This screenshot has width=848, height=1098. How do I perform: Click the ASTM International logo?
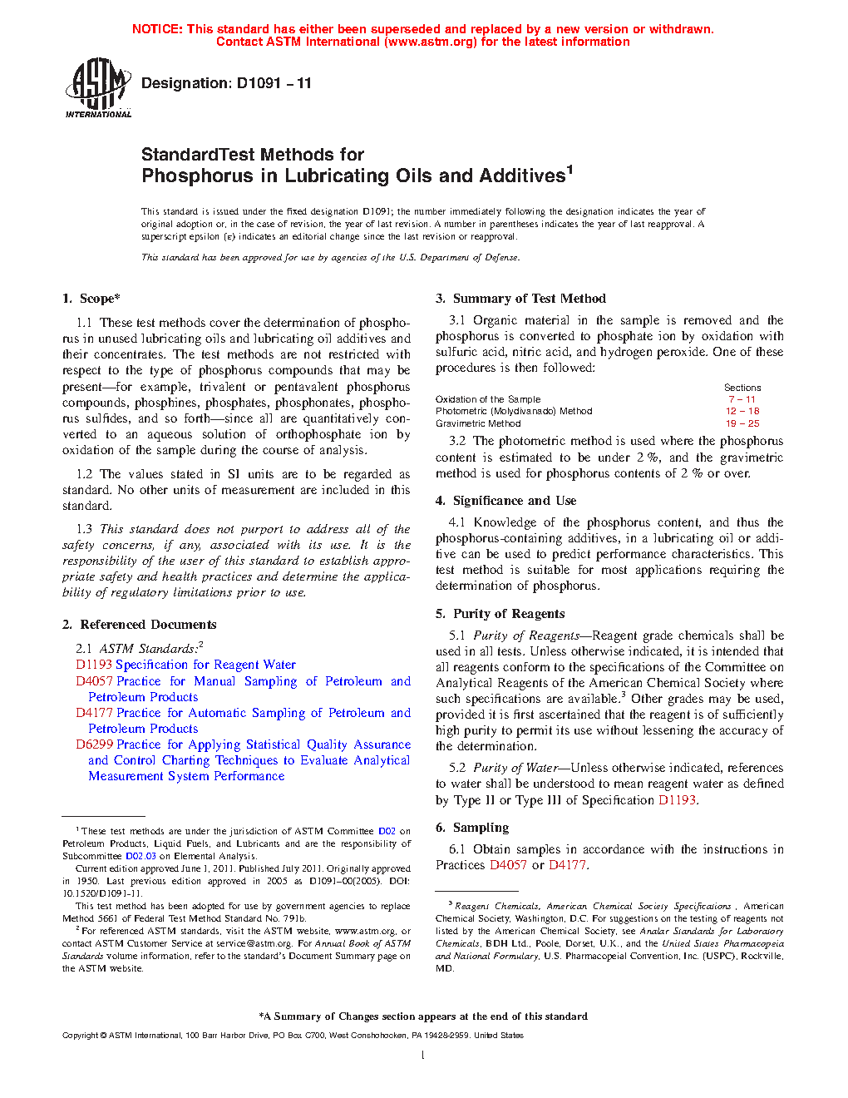coord(98,87)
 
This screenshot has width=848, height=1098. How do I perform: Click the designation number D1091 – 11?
coord(274,83)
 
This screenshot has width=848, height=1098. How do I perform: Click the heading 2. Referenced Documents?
coord(140,625)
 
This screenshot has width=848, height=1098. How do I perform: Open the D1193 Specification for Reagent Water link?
coord(185,665)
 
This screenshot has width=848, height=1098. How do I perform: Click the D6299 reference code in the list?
coord(94,744)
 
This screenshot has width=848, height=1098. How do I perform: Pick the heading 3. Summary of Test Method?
coord(521,299)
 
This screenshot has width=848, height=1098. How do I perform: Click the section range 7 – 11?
coord(742,399)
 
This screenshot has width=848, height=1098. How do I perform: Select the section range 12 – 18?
coord(742,411)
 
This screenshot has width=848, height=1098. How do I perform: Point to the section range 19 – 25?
coord(742,423)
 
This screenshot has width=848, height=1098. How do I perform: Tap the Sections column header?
coord(742,388)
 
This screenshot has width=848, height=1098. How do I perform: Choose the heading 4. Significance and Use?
coord(506,501)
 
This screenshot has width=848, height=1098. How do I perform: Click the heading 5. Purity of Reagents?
coord(500,614)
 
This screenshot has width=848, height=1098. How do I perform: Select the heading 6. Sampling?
coord(473,828)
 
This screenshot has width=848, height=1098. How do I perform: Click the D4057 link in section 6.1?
coord(508,865)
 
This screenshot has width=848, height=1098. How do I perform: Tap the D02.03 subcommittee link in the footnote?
coord(141,856)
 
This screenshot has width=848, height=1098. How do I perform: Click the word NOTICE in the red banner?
coord(157,29)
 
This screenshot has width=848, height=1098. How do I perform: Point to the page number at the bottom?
coord(423,1056)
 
